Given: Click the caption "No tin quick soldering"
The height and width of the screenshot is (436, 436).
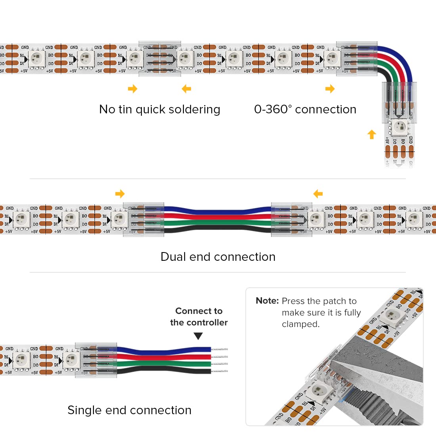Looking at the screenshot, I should pos(159,109).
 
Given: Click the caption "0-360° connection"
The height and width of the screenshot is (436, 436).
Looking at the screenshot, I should pos(305,109).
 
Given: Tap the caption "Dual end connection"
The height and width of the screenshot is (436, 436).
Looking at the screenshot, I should pos(218,257).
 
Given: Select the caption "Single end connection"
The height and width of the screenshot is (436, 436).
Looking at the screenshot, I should pos(129,410).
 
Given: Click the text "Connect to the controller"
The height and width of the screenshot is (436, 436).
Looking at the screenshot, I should pos(199,317).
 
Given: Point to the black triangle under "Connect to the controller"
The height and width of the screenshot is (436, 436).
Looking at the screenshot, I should pos(198,336).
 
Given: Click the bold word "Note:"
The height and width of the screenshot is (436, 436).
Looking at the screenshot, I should pos(267,301).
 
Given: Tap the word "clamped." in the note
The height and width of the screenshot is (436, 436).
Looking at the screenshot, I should pos(300,324).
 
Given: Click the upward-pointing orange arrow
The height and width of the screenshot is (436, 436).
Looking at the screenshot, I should pos(371,134).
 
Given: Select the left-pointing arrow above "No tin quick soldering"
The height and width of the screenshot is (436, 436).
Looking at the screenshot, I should pos(186,89).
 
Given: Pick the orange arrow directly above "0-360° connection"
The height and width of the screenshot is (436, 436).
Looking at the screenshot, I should pos(330,89).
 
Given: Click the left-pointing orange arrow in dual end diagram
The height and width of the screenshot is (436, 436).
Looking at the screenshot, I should pos(318,194).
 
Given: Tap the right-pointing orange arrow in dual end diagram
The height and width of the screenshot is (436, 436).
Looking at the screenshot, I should pos(120,194).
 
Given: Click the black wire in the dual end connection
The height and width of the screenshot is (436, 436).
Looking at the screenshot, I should pos(218,229).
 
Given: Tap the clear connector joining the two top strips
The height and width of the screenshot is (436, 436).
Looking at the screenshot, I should pos(160,59).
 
